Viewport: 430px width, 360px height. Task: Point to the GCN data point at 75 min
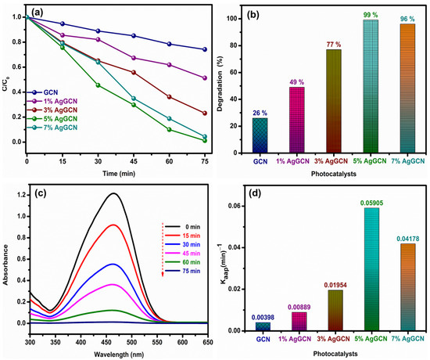pyautogui.click(x=204, y=49)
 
